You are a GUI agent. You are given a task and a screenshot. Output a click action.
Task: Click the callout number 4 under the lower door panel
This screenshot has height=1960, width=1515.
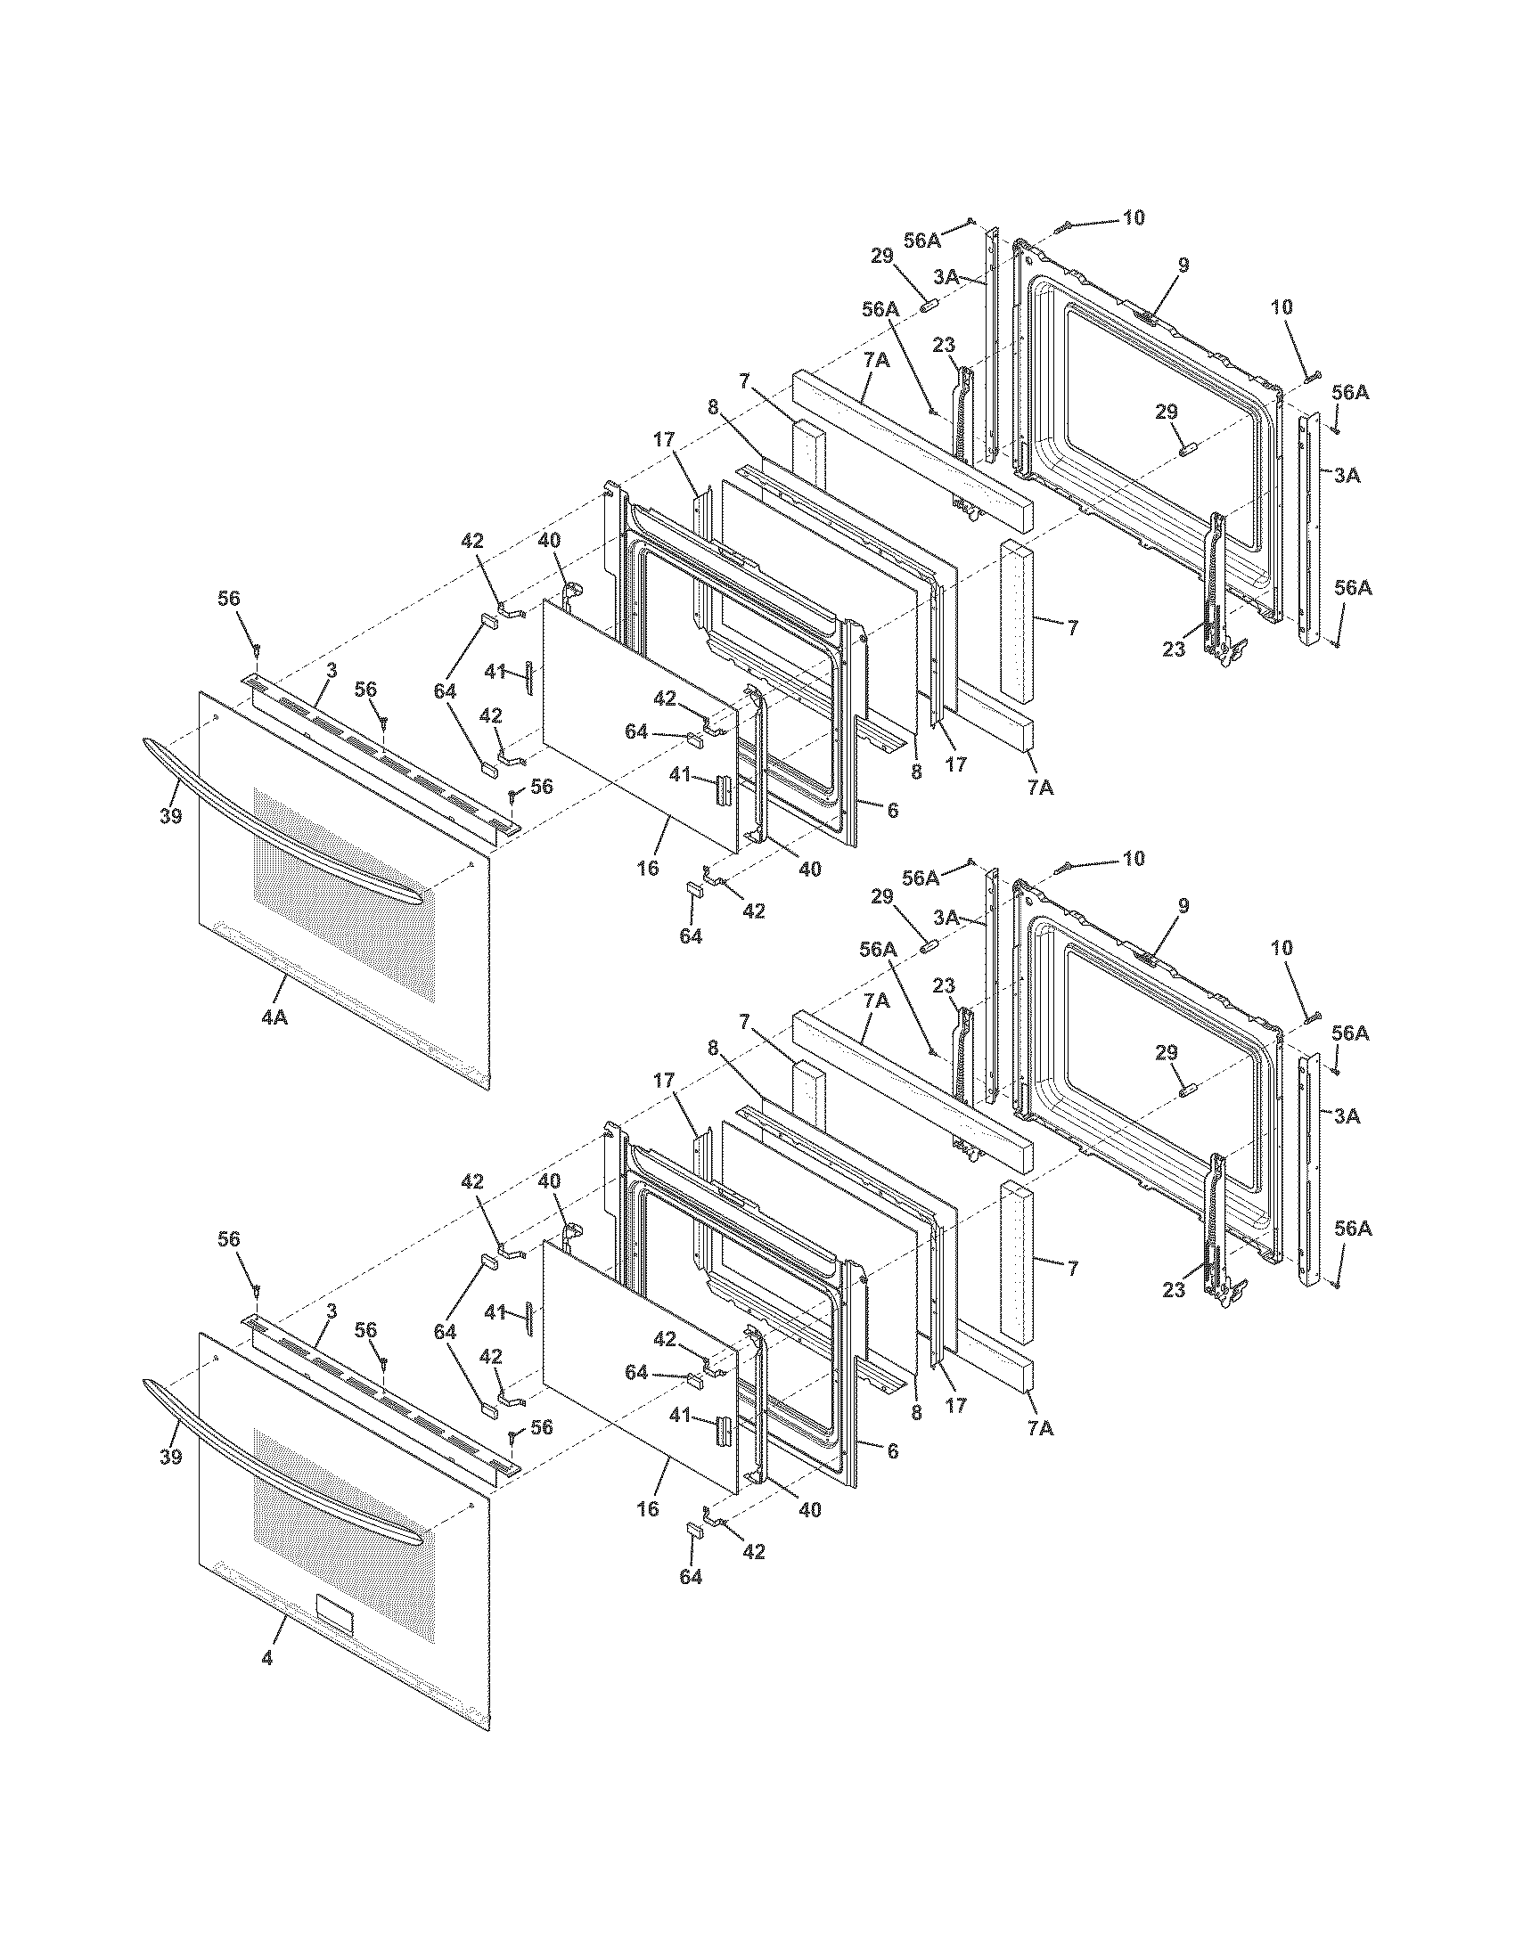[266, 1659]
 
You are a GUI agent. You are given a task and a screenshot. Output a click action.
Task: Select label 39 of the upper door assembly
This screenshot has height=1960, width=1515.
[170, 816]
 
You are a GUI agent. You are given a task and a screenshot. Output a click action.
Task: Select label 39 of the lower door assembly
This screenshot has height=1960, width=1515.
[170, 1457]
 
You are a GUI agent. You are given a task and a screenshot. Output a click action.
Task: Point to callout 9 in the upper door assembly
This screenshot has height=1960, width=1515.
[1183, 265]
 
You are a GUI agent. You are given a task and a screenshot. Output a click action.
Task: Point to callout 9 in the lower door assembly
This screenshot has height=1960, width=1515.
[1183, 906]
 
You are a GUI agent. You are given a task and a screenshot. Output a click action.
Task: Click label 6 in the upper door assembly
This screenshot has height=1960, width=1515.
[892, 810]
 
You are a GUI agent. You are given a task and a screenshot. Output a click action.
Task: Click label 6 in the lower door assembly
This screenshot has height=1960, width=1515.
[892, 1450]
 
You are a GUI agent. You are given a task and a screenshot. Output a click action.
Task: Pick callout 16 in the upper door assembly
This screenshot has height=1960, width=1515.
[647, 868]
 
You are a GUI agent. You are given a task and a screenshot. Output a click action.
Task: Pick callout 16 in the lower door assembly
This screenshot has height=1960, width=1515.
[647, 1508]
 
